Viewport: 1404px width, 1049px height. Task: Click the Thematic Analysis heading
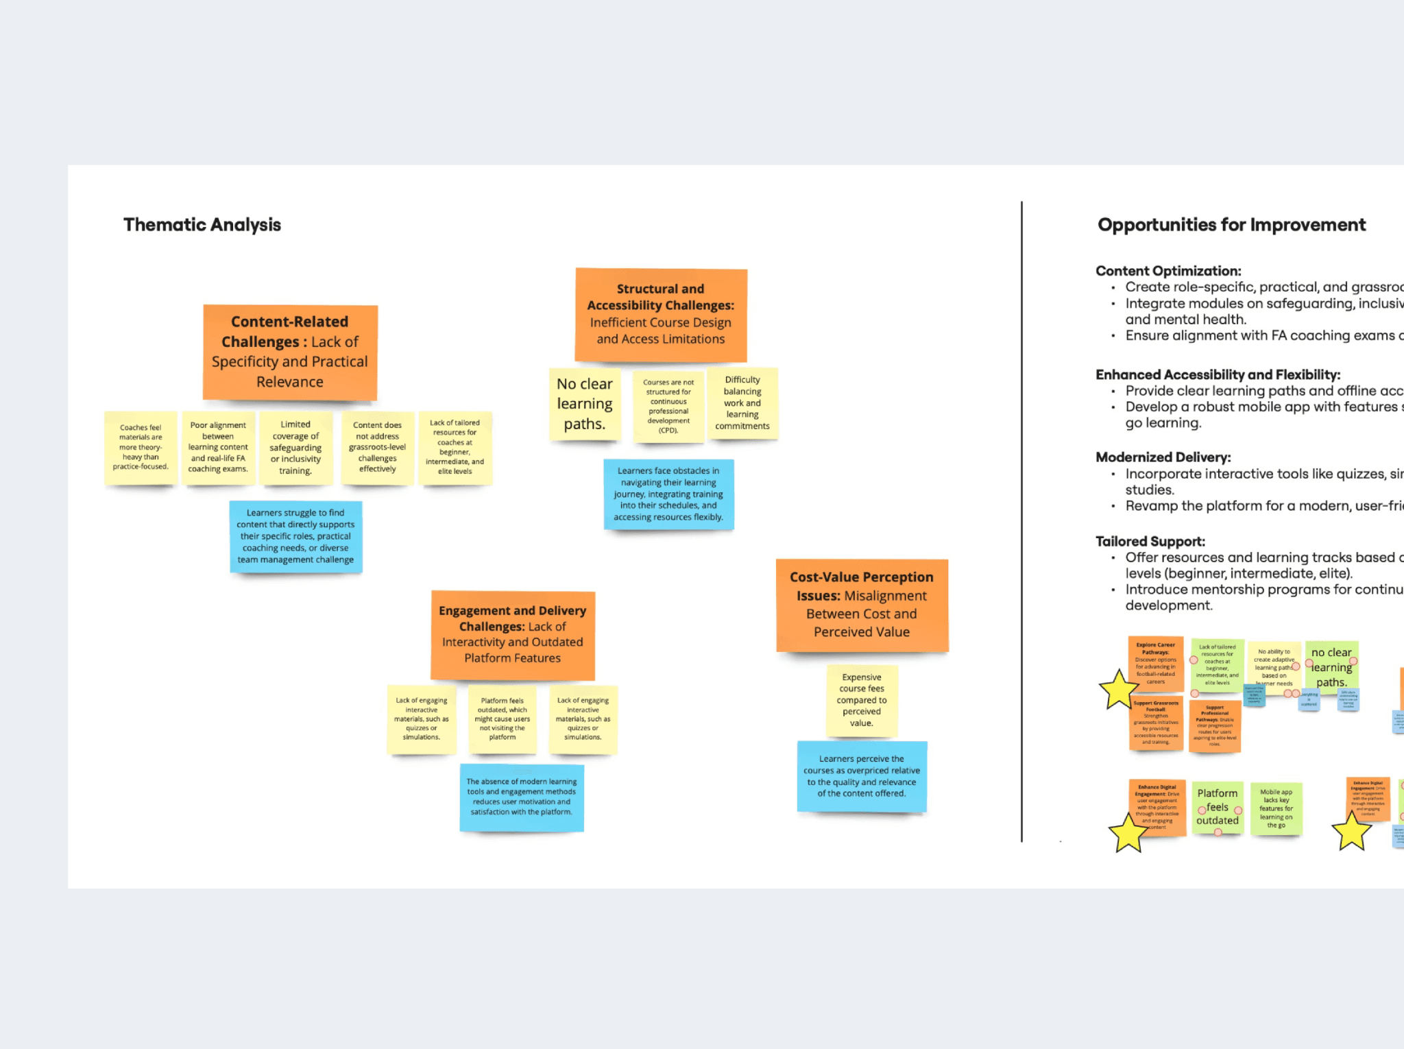click(202, 225)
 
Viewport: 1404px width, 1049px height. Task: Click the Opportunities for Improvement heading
click(1231, 225)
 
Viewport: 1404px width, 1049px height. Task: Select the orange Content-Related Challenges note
click(290, 352)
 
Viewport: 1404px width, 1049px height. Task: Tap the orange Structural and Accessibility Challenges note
click(661, 314)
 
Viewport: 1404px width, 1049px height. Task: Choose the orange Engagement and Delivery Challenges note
click(513, 634)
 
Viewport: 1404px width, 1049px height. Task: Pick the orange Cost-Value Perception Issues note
click(862, 605)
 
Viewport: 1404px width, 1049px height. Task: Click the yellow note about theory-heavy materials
click(141, 447)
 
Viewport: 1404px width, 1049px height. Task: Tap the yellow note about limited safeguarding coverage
click(295, 447)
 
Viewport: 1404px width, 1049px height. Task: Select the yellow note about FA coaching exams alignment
click(218, 447)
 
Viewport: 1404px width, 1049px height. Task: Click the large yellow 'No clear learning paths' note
click(585, 404)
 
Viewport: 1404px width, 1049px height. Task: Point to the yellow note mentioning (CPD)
click(668, 407)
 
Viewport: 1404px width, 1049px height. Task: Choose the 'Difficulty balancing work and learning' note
click(742, 402)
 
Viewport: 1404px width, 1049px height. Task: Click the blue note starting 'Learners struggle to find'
click(295, 536)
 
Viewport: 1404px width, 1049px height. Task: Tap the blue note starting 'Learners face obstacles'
click(668, 494)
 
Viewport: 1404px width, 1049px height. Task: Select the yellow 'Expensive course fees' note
click(862, 700)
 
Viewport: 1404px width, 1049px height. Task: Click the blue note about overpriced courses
click(862, 776)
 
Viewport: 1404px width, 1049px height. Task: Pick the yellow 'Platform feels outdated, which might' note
click(503, 719)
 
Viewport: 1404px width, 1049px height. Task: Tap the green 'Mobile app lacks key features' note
click(1276, 808)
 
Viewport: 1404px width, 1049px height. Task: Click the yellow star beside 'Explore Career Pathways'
click(1118, 690)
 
